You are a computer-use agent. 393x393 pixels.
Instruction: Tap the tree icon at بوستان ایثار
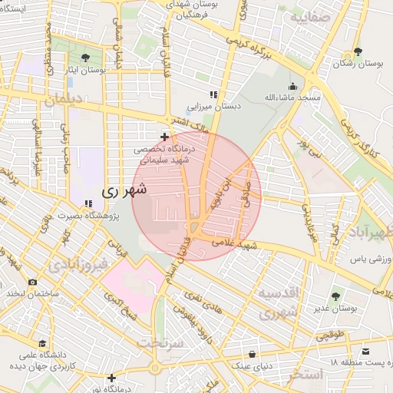point(84,58)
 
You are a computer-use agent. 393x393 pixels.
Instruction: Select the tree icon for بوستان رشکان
point(358,52)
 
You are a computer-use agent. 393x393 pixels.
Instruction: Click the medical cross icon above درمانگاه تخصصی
point(163,137)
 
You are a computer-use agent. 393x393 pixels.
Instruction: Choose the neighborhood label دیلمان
point(61,99)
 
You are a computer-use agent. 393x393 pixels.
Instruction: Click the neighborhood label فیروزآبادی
point(77,266)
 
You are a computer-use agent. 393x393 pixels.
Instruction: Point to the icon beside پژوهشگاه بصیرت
point(89,203)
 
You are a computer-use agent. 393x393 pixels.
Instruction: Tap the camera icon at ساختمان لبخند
point(32,282)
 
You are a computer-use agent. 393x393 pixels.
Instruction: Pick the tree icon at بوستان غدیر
point(335,296)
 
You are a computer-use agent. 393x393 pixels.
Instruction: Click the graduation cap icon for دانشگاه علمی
point(43,343)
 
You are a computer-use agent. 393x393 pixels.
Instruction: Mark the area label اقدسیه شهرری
point(277,303)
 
